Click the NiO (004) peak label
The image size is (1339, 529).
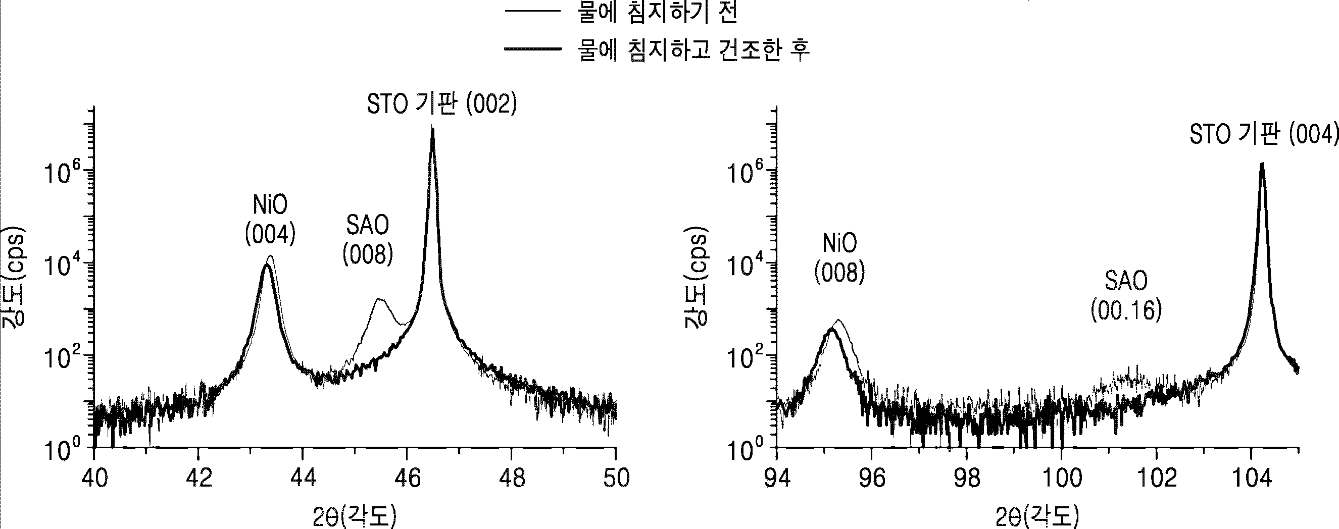270,220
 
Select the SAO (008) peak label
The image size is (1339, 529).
368,240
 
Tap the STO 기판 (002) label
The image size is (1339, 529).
442,104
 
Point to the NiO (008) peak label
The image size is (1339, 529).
839,258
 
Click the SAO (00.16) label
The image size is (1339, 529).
1126,296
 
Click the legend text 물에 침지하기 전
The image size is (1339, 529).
658,13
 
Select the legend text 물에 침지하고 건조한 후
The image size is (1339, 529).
694,50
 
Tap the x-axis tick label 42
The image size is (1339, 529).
199,478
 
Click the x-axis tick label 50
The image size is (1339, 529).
617,478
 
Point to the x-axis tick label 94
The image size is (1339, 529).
778,478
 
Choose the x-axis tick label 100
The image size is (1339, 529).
1062,478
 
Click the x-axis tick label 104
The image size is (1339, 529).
1252,478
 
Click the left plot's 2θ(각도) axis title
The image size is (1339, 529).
355,516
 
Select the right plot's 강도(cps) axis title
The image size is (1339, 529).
697,278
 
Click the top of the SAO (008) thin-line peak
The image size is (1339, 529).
379,299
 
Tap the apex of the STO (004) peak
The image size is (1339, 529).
1261,163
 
